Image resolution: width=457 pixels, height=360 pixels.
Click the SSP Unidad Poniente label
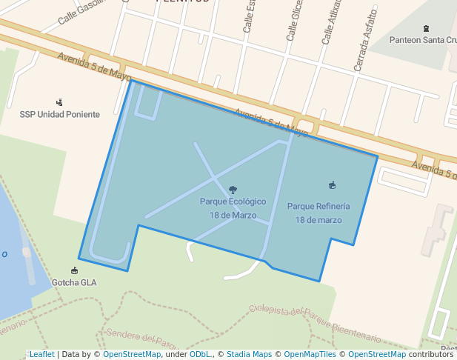click(59, 114)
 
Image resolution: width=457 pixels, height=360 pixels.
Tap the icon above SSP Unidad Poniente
click(59, 102)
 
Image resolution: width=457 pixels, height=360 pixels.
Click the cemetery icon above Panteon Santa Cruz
click(426, 28)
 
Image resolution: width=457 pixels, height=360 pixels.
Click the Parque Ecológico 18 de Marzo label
click(233, 207)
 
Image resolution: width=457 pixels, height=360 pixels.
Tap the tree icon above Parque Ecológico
click(233, 190)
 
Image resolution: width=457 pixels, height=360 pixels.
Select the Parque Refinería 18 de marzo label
click(318, 213)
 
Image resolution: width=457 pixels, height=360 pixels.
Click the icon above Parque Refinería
click(332, 185)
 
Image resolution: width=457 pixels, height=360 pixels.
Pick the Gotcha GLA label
click(74, 282)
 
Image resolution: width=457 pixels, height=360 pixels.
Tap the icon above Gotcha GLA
click(74, 270)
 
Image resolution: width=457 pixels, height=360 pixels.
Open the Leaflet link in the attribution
click(41, 354)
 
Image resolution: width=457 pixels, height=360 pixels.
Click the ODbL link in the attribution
click(200, 354)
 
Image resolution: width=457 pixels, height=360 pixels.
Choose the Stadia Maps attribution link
click(249, 354)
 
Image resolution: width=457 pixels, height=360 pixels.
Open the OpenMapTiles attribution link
click(311, 354)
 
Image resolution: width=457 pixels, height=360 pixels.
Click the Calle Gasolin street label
click(84, 12)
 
